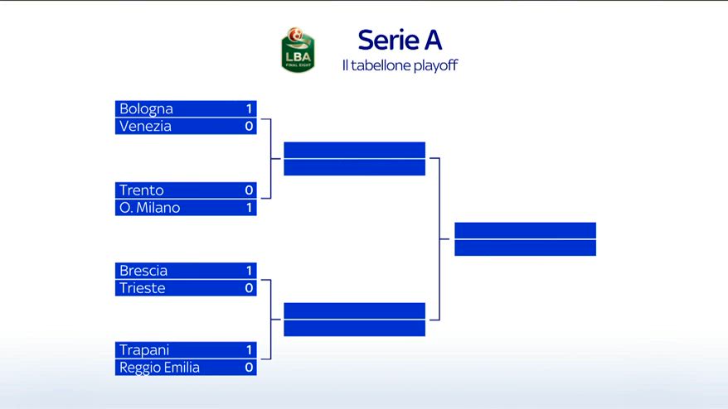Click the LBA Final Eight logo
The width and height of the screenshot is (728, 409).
click(298, 50)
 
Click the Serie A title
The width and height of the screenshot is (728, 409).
click(400, 40)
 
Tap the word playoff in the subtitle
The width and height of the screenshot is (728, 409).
click(435, 65)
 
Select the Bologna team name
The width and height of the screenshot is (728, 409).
click(146, 108)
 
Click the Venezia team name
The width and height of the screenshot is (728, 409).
click(145, 126)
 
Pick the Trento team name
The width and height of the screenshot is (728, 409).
click(142, 190)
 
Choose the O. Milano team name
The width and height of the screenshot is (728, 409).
click(149, 208)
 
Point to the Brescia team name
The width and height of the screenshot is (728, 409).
click(143, 271)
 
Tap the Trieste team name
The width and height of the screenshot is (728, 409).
click(142, 288)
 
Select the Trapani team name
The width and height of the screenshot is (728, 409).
click(144, 350)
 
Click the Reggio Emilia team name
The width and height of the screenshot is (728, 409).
click(159, 368)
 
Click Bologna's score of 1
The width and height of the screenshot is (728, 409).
click(249, 108)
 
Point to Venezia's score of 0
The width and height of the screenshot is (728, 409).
click(249, 126)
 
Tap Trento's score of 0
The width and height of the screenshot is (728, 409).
click(249, 190)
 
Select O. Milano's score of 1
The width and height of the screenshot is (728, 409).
click(249, 208)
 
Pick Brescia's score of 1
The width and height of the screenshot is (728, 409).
click(249, 271)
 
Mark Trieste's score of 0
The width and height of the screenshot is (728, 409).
click(249, 288)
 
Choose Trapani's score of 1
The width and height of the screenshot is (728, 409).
click(249, 350)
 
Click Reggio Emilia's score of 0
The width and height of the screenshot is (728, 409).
click(249, 368)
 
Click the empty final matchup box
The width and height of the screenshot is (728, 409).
click(525, 239)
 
